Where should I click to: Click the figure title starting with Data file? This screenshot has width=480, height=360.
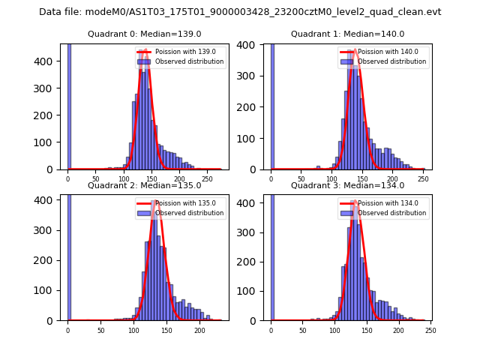coord(240,12)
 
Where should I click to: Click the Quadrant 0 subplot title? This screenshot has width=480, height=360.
coord(144,34)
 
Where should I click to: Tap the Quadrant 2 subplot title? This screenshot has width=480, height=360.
coord(144,185)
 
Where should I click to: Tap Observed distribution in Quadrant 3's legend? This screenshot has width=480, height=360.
coord(391,213)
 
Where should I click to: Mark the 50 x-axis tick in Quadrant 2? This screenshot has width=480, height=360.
coord(100,331)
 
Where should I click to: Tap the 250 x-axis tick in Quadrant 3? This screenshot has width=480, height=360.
coord(430,331)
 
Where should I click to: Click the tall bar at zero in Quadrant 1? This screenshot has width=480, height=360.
coord(271,105)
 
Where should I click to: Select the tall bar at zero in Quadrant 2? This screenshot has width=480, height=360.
coord(68,255)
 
